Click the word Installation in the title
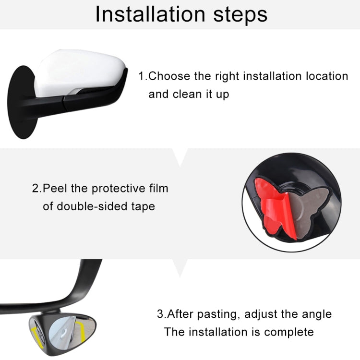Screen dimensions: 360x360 (x=149, y=14)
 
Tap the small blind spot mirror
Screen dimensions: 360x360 (x=48, y=331)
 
